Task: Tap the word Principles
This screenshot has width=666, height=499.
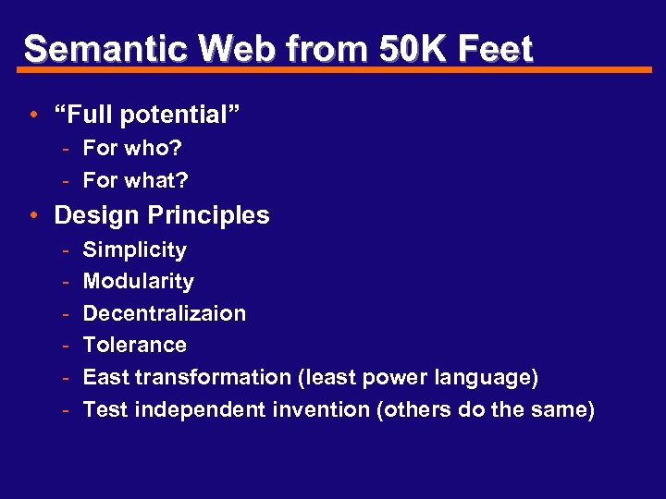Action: point(205,215)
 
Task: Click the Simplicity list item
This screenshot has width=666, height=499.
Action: point(135,250)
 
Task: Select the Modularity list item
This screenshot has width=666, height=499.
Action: point(139,282)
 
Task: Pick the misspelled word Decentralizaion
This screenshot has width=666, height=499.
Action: point(165,313)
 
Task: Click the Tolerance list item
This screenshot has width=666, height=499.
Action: point(135,345)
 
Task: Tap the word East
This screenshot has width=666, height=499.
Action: point(105,377)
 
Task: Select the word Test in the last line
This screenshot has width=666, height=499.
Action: point(105,409)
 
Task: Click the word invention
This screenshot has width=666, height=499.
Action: point(320,409)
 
